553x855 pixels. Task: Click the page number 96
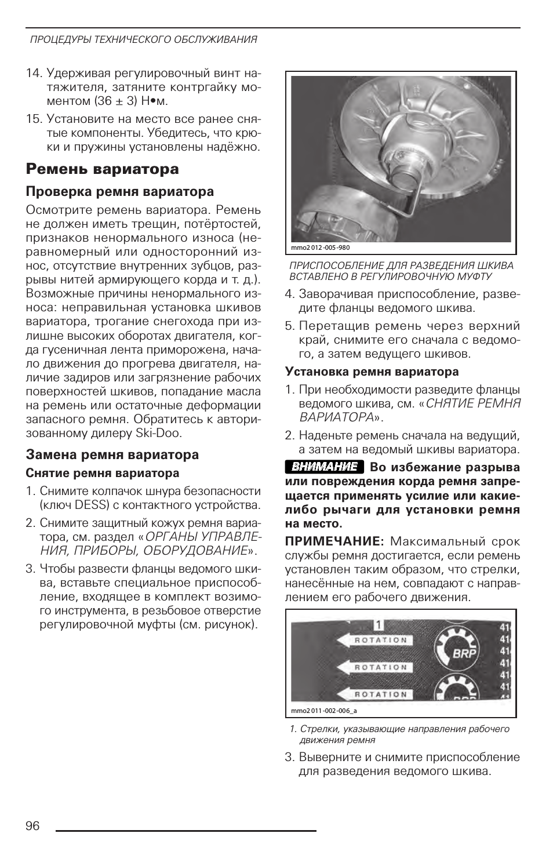pos(33,826)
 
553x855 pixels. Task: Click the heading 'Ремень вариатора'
pos(102,169)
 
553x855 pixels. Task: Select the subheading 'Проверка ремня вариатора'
pos(119,192)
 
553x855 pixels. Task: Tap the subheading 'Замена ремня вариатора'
pos(112,455)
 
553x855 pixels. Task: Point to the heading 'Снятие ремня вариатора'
pos(103,473)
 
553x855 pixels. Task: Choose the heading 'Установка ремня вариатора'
pos(372,372)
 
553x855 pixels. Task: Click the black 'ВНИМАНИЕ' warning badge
pos(325,467)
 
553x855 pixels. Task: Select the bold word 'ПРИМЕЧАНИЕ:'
pos(334,541)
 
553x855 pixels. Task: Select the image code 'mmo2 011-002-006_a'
pos(324,711)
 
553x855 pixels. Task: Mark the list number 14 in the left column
pos(34,74)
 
